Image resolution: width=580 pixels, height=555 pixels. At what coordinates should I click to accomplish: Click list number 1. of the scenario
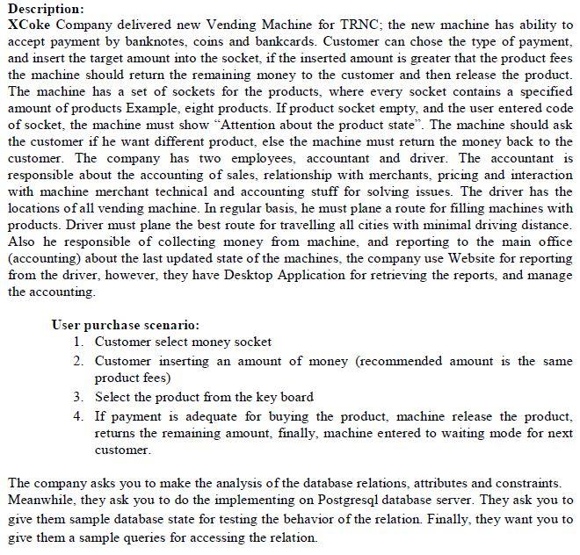pos(80,342)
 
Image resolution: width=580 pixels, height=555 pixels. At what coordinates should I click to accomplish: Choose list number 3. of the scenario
pos(80,396)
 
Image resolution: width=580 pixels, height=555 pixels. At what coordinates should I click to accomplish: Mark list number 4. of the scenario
pos(80,415)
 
